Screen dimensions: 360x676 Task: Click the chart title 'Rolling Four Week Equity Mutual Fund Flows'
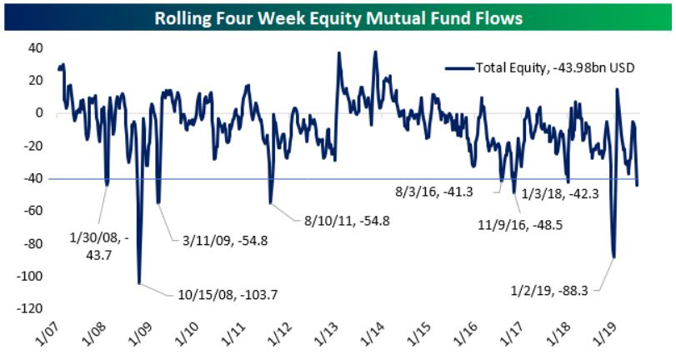point(337,17)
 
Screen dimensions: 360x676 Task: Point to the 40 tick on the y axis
point(36,47)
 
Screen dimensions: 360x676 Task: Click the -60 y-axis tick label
point(34,211)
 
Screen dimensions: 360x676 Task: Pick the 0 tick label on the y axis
point(39,112)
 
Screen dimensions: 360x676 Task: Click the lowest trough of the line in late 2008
point(139,282)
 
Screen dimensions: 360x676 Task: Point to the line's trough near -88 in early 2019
point(614,257)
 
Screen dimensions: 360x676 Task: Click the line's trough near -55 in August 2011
point(271,202)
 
